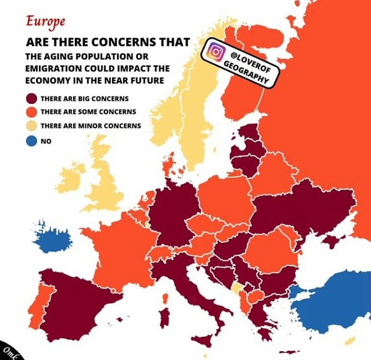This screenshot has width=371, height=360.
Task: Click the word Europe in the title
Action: pyautogui.click(x=46, y=21)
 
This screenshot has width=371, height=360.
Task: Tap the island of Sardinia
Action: pyautogui.click(x=165, y=317)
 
